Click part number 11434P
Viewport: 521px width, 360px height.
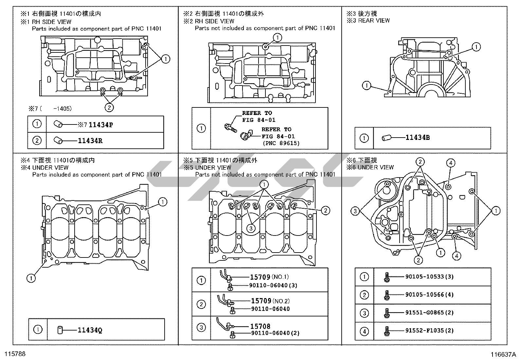click(101, 125)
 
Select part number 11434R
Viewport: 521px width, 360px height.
click(90, 141)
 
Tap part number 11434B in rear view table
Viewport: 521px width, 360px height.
click(418, 138)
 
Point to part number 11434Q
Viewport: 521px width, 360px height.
click(90, 330)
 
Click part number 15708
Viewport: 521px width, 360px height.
click(260, 326)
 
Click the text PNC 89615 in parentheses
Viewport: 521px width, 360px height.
click(281, 143)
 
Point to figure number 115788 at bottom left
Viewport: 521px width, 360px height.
click(15, 354)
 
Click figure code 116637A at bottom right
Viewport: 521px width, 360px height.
click(503, 355)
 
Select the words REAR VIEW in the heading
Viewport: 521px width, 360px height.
click(374, 21)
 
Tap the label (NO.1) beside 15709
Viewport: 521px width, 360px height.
click(280, 277)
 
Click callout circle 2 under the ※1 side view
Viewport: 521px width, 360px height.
click(109, 107)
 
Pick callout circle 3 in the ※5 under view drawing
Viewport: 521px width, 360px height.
click(251, 228)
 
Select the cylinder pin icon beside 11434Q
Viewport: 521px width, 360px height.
click(60, 330)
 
